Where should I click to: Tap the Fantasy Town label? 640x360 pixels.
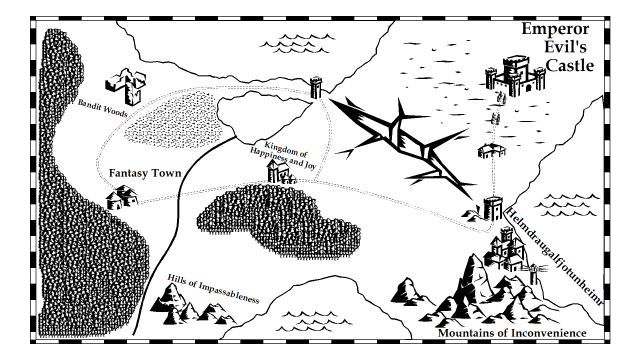pos(146,173)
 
